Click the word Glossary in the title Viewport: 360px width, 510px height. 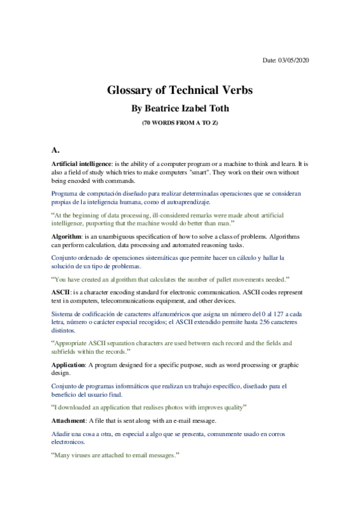[131, 91]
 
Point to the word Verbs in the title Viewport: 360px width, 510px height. [233, 91]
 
